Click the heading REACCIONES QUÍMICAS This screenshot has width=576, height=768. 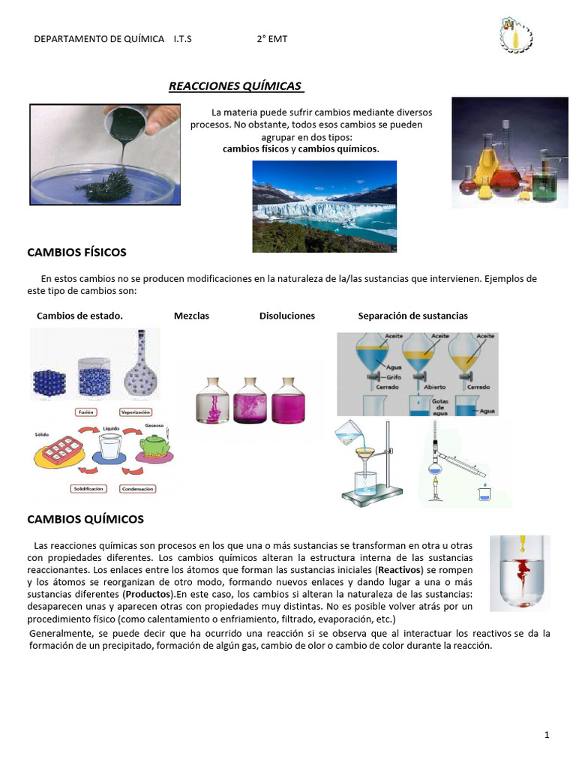click(x=235, y=85)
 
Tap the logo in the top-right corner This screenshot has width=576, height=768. click(x=514, y=35)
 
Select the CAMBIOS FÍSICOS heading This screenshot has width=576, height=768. click(x=76, y=252)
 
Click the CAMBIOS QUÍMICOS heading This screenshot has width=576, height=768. click(x=85, y=519)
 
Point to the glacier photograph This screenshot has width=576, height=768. click(x=324, y=206)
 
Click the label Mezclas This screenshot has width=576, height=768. click(x=191, y=316)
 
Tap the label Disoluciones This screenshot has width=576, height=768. click(x=287, y=316)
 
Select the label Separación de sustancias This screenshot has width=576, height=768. click(x=412, y=316)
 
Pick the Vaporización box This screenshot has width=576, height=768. click(x=136, y=412)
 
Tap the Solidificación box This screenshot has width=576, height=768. click(x=88, y=488)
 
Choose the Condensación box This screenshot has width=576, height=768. click(x=137, y=488)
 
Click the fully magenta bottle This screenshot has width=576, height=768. click(x=289, y=400)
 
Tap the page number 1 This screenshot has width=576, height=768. click(x=547, y=736)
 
